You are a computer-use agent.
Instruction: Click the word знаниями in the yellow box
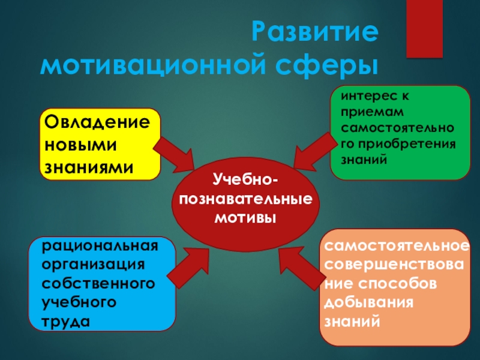click(87, 166)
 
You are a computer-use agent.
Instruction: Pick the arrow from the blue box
click(191, 264)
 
